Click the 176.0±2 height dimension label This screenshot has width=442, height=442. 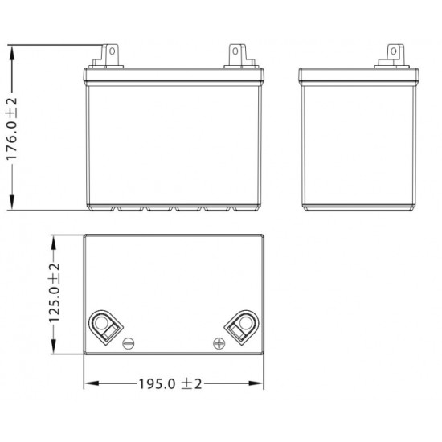[x=12, y=129]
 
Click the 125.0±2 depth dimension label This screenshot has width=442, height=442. [x=55, y=293]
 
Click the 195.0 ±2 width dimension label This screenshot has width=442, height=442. [x=170, y=383]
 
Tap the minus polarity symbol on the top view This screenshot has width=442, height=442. [x=129, y=344]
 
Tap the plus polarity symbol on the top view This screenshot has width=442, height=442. [x=219, y=344]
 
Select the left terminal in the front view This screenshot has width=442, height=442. [x=107, y=56]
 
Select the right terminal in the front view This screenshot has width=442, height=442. [x=241, y=56]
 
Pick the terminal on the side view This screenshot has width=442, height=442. [x=392, y=56]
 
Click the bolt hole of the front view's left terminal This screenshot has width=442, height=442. [x=113, y=51]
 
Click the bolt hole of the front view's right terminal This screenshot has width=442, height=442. [x=235, y=51]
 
